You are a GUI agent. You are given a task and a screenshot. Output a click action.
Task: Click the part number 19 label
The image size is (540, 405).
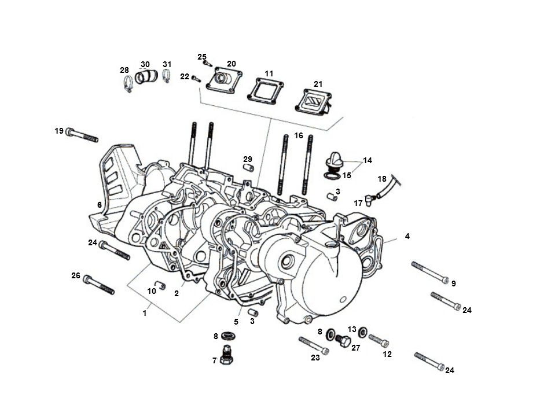(59, 131)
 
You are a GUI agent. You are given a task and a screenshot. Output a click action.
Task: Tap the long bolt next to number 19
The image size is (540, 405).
(82, 135)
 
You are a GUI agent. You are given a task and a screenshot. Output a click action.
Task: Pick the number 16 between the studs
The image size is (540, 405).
(299, 135)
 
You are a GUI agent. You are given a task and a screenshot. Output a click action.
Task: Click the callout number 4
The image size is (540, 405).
(407, 236)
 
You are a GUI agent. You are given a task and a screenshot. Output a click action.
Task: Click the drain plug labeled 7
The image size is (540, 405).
(227, 354)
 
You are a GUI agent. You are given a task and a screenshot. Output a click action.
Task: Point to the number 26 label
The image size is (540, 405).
(76, 276)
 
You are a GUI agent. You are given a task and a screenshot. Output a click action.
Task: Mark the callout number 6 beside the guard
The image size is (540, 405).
(100, 205)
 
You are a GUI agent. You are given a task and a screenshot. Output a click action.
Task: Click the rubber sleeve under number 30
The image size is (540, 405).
(147, 77)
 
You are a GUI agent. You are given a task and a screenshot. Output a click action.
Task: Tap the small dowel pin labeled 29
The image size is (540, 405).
(248, 168)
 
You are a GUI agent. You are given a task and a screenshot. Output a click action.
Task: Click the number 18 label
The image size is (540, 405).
(382, 179)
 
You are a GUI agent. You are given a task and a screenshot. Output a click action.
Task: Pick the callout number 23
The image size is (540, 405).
(315, 358)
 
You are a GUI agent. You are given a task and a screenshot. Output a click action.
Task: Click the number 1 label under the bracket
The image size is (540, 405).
(145, 313)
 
